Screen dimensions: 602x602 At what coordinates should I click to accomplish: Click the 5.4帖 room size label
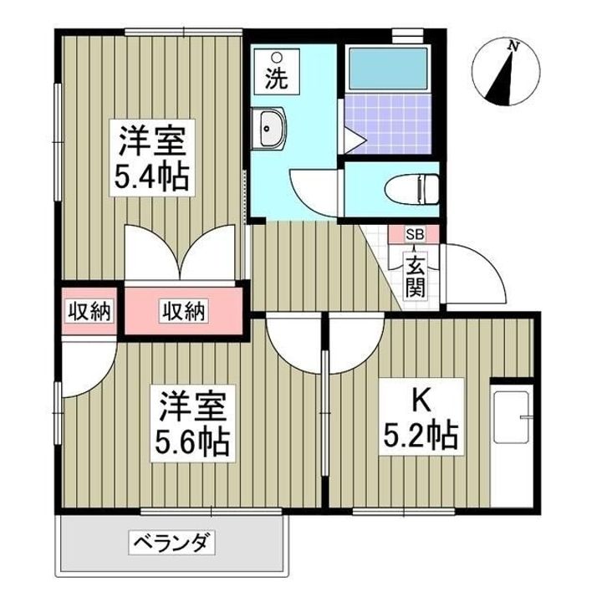coord(150,177)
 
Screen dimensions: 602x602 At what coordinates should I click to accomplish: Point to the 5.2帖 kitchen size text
coord(419,436)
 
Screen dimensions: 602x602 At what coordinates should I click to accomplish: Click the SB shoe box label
coord(414,235)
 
